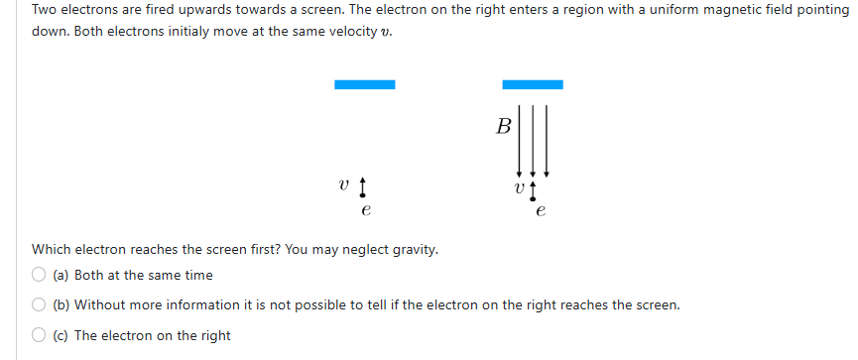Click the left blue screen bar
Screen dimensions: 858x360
(x=365, y=84)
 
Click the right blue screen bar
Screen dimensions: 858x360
(x=533, y=84)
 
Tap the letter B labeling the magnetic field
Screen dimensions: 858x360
(x=504, y=126)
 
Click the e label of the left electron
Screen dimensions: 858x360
(x=366, y=210)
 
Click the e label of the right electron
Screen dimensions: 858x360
(x=540, y=210)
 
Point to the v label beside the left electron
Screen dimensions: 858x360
(x=343, y=184)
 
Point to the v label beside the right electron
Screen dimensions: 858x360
(x=517, y=185)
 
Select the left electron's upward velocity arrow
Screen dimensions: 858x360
(x=363, y=185)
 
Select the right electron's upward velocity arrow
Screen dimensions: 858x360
(x=534, y=186)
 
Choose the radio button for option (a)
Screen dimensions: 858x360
(x=39, y=275)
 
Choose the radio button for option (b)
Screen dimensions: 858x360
(x=39, y=304)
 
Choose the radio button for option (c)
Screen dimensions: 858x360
(x=39, y=335)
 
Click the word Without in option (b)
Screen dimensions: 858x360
(x=100, y=304)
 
